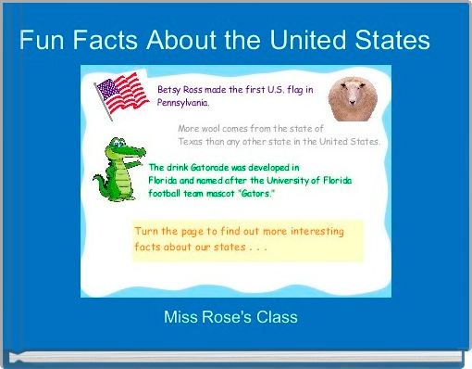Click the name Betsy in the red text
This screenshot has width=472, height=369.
coord(171,90)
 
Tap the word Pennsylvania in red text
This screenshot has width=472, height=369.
coord(183,103)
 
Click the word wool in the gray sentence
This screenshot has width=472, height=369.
coord(216,128)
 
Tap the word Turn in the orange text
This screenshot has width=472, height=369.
coord(148,231)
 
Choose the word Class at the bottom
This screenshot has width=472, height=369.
coord(278,317)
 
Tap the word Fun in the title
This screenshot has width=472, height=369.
coord(43,41)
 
